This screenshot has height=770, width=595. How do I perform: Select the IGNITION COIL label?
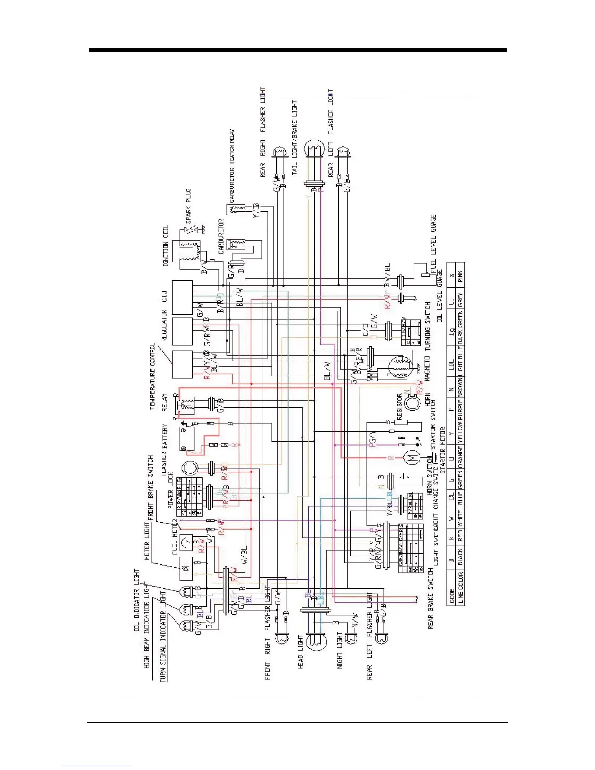166,245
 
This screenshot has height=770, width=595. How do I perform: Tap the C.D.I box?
182,297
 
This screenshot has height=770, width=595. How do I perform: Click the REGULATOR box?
182,332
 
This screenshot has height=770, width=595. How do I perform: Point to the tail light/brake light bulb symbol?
314,149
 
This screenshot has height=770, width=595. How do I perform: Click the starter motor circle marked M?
412,458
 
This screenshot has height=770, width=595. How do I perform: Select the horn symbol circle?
413,403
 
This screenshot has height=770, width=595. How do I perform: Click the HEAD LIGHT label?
301,651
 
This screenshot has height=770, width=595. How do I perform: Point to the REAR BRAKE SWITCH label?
430,598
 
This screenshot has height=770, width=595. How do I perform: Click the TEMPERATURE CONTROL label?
152,377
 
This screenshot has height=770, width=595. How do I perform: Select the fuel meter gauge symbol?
186,542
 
